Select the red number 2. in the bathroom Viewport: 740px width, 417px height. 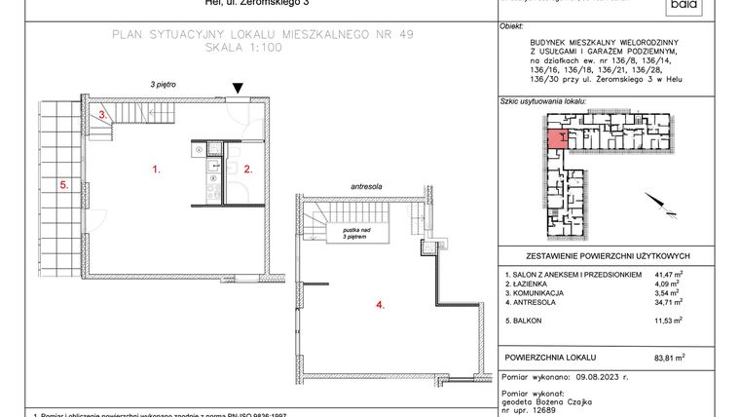click(248, 170)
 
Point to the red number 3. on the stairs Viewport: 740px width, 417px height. click(101, 115)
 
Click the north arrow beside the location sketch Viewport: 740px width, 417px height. click(663, 206)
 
